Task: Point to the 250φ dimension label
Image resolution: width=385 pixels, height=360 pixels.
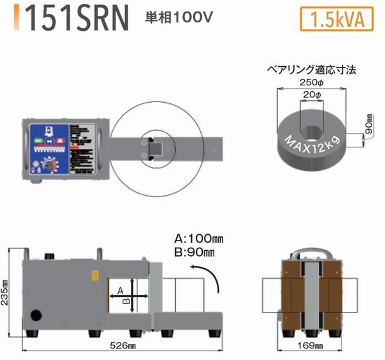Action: [x=311, y=82]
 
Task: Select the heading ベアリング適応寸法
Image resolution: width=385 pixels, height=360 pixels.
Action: [x=311, y=68]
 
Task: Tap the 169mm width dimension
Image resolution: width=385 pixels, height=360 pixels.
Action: [x=312, y=347]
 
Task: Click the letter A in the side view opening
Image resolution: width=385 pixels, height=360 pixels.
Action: [x=119, y=291]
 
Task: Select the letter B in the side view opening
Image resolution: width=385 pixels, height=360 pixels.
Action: [x=127, y=299]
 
